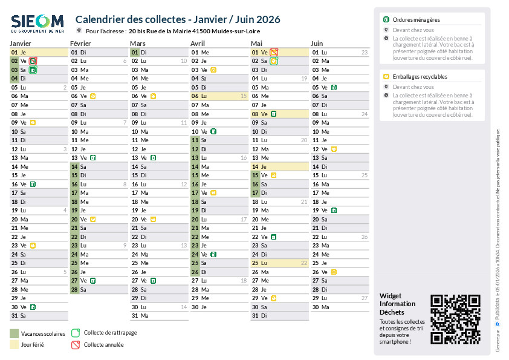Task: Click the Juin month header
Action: click(x=317, y=44)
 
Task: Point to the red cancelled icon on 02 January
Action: click(x=33, y=61)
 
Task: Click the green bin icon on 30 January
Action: click(x=33, y=307)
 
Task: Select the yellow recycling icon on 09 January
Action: click(x=33, y=123)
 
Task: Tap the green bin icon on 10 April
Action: click(x=213, y=131)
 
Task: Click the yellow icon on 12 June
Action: click(x=334, y=149)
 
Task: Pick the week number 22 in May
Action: click(x=303, y=263)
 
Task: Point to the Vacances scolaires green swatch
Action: click(x=15, y=333)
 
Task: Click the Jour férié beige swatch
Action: click(x=15, y=344)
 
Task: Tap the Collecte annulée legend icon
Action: click(x=76, y=345)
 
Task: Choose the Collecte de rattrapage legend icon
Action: click(x=76, y=333)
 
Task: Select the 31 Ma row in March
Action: click(x=158, y=316)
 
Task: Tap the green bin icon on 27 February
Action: click(x=92, y=281)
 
